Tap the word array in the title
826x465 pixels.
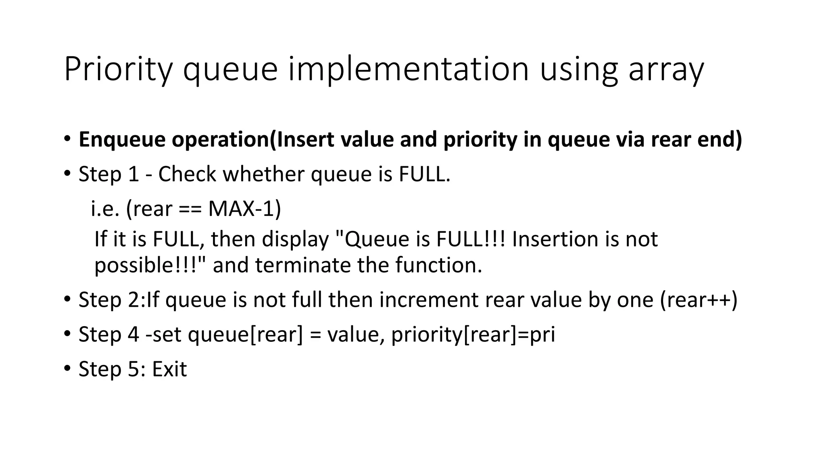point(665,70)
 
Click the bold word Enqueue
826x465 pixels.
point(122,140)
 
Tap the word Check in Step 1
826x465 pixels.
point(187,174)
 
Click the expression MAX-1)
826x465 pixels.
point(244,209)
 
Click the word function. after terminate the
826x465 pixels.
point(438,266)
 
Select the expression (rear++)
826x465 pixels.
point(699,300)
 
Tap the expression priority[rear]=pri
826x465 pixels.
point(473,335)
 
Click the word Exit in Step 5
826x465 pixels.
point(169,369)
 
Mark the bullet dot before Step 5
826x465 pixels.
point(67,369)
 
